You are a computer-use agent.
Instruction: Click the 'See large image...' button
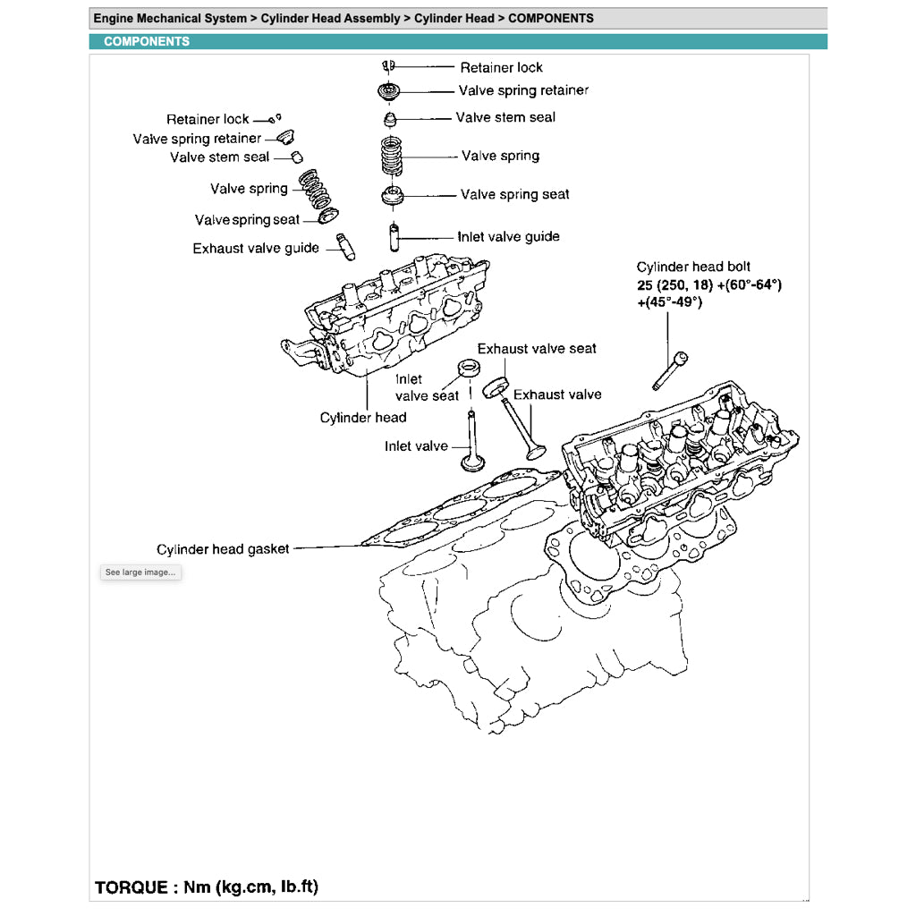pyautogui.click(x=140, y=572)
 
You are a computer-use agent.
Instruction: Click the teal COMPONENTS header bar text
pyautogui.click(x=147, y=41)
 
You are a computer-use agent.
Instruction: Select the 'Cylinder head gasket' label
pyautogui.click(x=223, y=549)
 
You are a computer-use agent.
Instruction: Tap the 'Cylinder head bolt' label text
pyautogui.click(x=693, y=267)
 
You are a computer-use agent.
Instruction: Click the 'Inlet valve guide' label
pyautogui.click(x=508, y=237)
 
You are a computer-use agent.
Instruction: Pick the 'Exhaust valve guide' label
pyautogui.click(x=256, y=249)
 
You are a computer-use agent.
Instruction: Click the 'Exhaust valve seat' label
pyautogui.click(x=537, y=349)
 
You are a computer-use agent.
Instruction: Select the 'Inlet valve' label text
pyautogui.click(x=416, y=445)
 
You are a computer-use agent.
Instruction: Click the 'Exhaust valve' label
pyautogui.click(x=557, y=394)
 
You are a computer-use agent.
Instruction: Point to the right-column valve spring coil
pyautogui.click(x=392, y=157)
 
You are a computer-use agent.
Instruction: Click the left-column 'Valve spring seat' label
pyautogui.click(x=248, y=220)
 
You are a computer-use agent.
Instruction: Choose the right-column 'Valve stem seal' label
pyautogui.click(x=505, y=117)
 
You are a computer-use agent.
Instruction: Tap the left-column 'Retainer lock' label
pyautogui.click(x=208, y=119)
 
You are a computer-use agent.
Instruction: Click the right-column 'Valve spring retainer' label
pyautogui.click(x=523, y=90)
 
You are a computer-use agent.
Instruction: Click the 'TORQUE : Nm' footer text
pyautogui.click(x=207, y=887)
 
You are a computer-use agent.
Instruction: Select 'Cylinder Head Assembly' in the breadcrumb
pyautogui.click(x=330, y=18)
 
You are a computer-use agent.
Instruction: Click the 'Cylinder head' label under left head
pyautogui.click(x=363, y=418)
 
